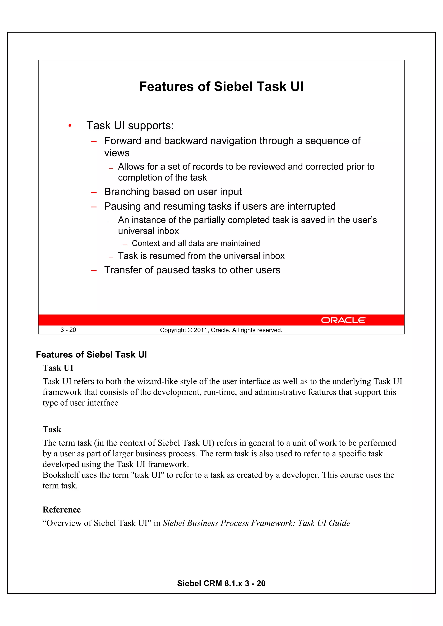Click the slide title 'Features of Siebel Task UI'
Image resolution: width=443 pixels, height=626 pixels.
221,86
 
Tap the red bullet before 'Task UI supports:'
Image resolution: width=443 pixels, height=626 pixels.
70,126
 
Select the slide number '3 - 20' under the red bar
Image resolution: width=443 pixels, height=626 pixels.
68,330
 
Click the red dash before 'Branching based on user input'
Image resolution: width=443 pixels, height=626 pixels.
94,193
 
